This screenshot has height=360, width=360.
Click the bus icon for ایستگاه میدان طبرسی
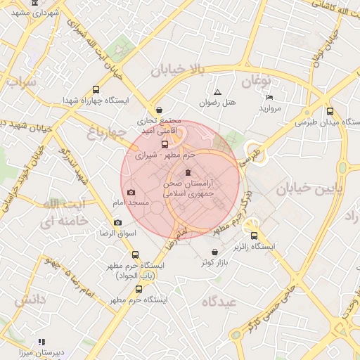pos(330,111)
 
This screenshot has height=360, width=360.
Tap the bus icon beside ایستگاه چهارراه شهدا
pos(96,90)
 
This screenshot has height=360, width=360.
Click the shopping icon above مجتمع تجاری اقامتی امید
pos(160,110)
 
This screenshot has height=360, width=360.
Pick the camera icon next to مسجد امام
pos(131,193)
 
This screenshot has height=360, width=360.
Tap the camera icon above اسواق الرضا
pos(117,222)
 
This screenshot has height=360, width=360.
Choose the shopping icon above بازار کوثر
pos(214,252)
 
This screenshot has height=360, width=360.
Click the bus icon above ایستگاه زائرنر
pos(255,236)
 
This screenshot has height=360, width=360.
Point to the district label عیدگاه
pos(220,302)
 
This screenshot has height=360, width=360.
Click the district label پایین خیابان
pos(302,189)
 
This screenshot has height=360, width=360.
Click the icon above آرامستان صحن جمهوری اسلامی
pos(187,172)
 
